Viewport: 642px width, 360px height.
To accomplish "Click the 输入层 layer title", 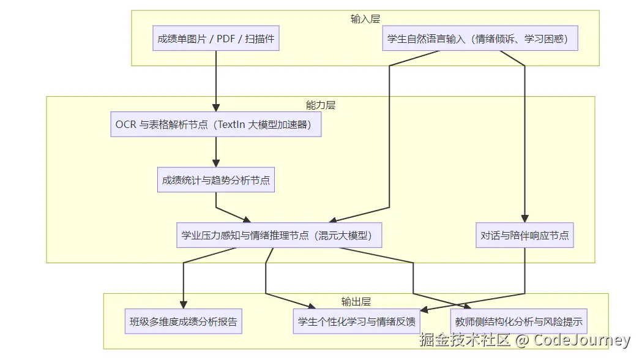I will tap(365, 19).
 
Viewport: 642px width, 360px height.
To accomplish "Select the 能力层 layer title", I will tap(321, 105).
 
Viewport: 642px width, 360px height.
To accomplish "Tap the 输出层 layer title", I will tap(356, 302).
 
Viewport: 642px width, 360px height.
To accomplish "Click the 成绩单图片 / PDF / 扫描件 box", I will tap(216, 39).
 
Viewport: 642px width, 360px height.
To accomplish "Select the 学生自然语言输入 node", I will tap(480, 39).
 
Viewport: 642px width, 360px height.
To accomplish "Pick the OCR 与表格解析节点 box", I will tap(216, 125).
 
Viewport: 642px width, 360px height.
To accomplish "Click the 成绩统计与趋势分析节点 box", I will tap(216, 181).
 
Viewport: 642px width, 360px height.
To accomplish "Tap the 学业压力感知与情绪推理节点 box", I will tap(280, 235).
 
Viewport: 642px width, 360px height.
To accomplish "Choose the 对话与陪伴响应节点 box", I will tap(524, 235).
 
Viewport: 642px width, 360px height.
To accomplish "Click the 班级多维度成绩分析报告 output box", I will tap(183, 321).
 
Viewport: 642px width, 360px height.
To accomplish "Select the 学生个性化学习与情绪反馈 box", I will tap(357, 321).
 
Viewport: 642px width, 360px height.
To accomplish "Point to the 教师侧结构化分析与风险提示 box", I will tap(519, 321).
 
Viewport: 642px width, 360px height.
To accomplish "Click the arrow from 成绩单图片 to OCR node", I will tap(216, 80).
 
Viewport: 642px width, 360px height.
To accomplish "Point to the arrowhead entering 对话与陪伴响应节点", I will tap(524, 219).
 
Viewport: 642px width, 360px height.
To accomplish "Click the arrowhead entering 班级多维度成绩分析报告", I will tap(183, 305).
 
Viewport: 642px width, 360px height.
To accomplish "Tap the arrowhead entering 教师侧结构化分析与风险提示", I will tap(468, 306).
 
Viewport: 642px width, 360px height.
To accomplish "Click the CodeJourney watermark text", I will tap(581, 340).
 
